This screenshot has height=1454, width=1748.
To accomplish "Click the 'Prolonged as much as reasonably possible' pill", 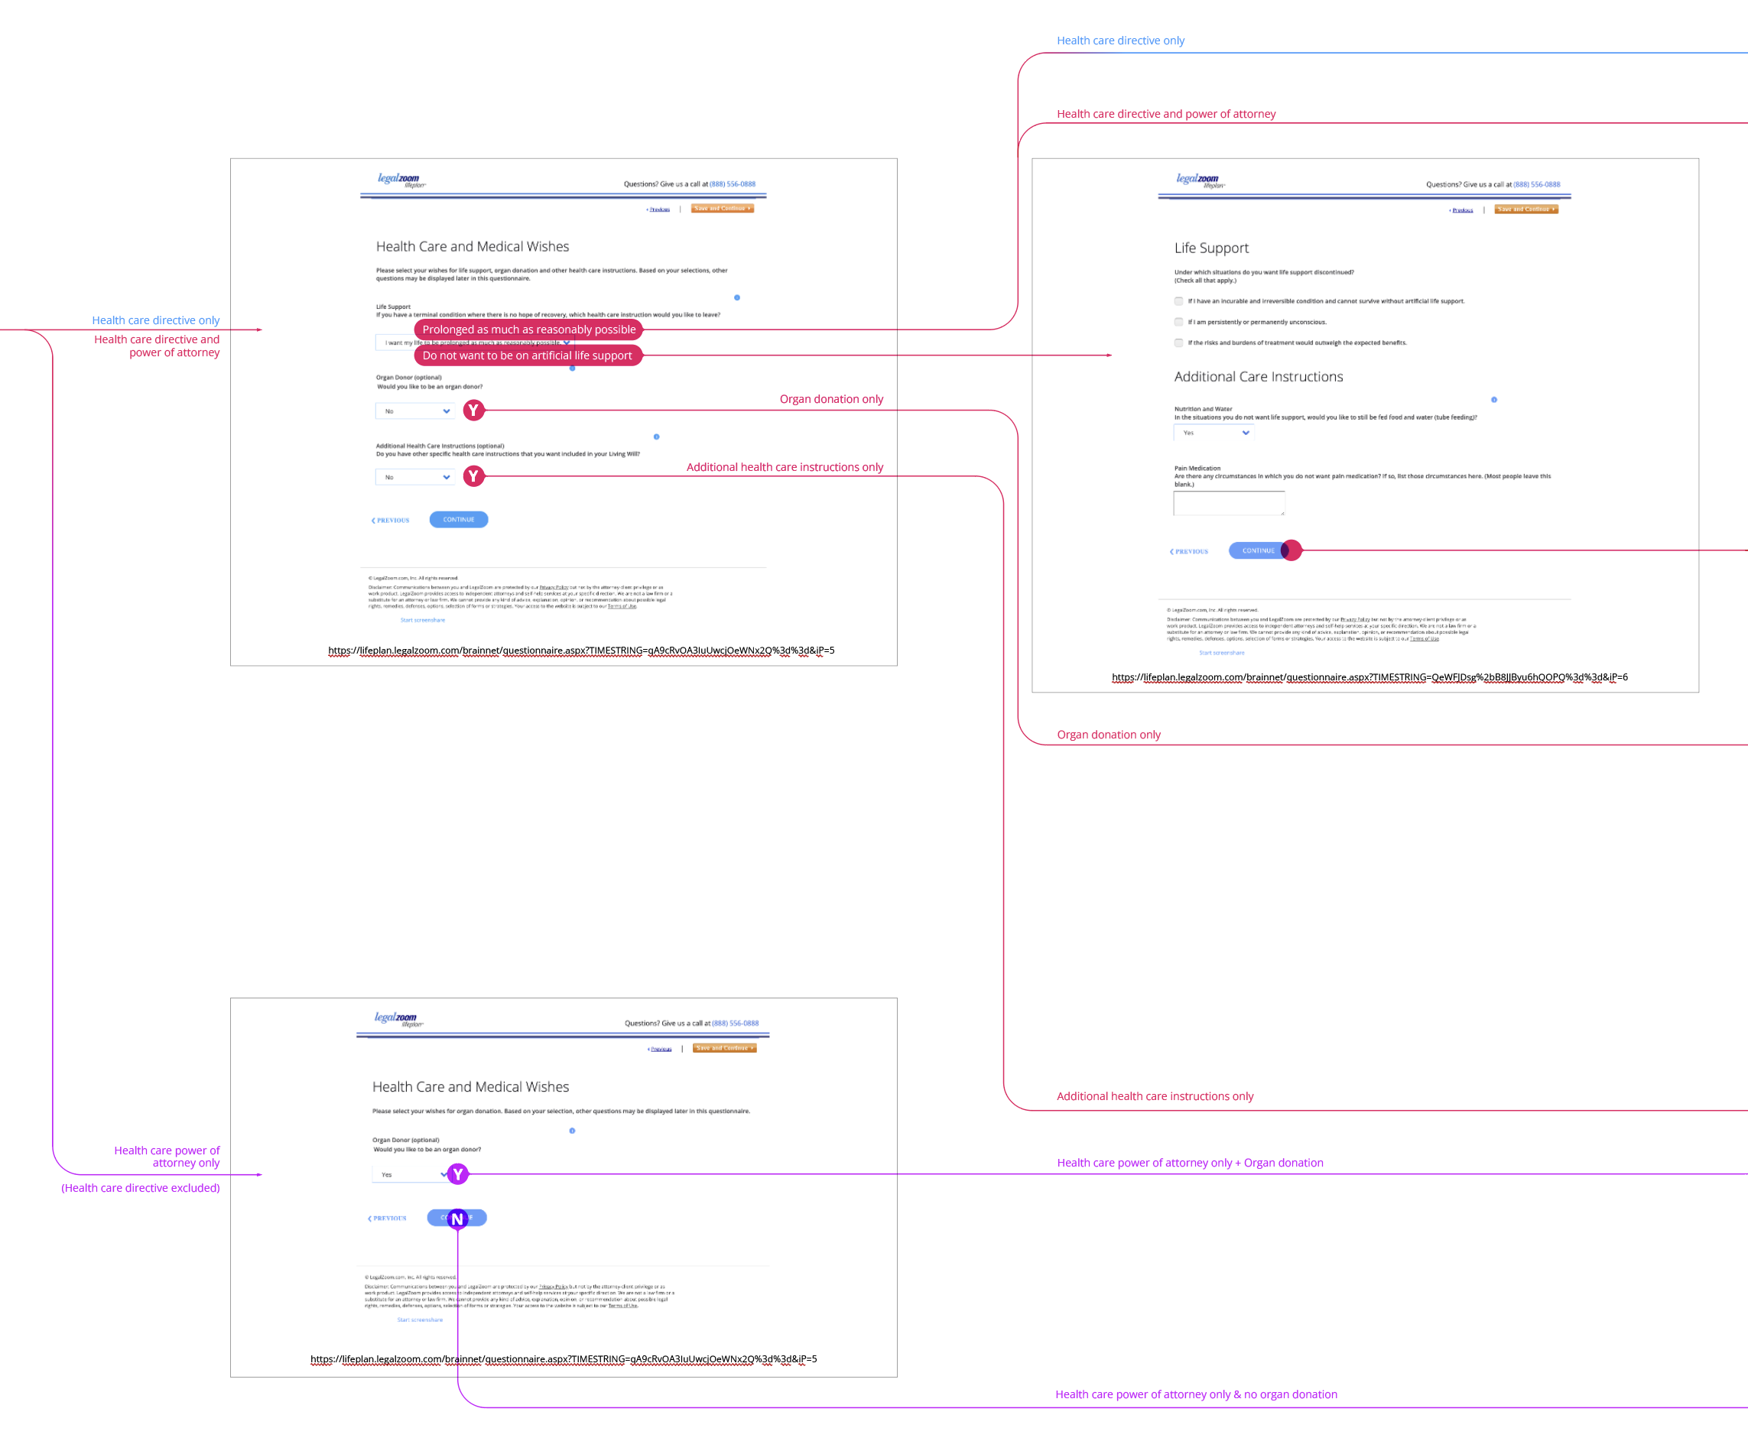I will (x=528, y=329).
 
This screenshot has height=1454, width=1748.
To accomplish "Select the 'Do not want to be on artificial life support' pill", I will (x=528, y=355).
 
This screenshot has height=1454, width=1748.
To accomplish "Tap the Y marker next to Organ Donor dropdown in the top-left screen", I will (x=473, y=411).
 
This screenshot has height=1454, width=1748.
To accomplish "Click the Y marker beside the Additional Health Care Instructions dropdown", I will (x=473, y=476).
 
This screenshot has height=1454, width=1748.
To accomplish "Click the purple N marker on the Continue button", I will (x=457, y=1219).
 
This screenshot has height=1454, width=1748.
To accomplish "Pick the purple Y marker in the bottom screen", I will (x=458, y=1174).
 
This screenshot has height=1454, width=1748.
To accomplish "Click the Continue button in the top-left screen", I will (x=459, y=519).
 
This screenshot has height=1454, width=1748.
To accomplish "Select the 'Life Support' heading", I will (x=1211, y=248).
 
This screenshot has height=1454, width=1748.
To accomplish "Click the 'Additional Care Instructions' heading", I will (x=1258, y=377).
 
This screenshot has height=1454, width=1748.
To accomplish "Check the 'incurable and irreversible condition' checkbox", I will (x=1178, y=301).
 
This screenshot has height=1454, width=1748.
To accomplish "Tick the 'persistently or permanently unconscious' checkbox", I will (x=1178, y=322).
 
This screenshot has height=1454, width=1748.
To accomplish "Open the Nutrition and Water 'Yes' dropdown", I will (x=1214, y=433).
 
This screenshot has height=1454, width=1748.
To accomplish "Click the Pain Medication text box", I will (x=1229, y=503).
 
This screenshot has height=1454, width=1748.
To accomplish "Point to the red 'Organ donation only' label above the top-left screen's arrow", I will (x=830, y=400).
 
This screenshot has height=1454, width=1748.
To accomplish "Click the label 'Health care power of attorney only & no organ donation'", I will (x=1196, y=1394).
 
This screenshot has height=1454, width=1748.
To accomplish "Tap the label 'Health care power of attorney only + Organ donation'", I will (x=1190, y=1163).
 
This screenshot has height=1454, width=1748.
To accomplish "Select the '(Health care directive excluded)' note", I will (x=141, y=1188).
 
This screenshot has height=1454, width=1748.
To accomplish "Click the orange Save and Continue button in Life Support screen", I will (x=1525, y=209).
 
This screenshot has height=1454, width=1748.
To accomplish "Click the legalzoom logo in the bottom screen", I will (x=396, y=1018).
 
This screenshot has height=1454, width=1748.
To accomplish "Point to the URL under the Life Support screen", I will (x=1369, y=677).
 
